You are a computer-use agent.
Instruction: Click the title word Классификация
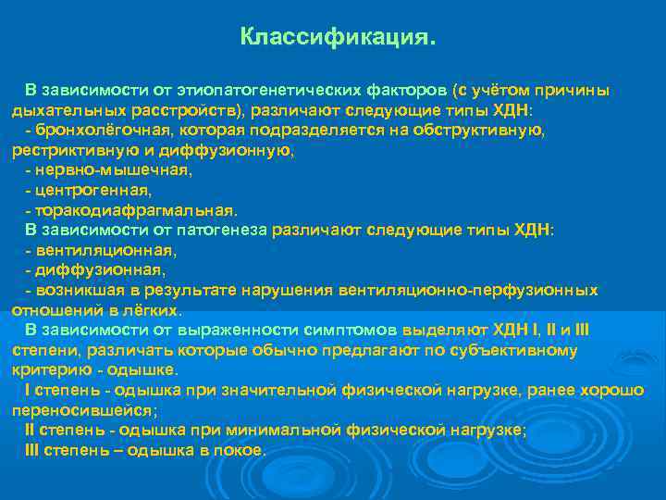pyautogui.click(x=336, y=38)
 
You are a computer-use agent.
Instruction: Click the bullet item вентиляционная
pyautogui.click(x=106, y=250)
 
